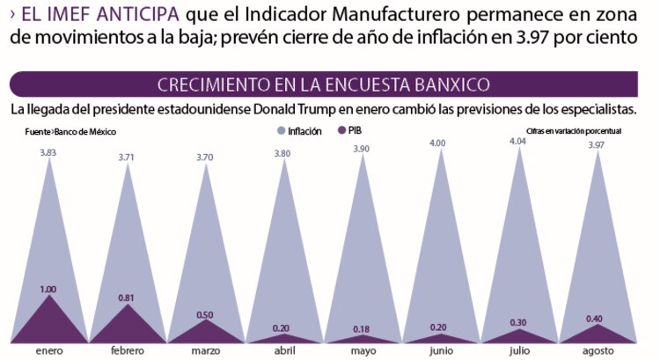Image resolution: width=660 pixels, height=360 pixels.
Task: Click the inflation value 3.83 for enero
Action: (49, 152)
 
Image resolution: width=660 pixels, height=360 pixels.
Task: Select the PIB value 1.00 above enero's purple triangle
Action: (49, 289)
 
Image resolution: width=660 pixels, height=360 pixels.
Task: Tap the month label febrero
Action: (128, 351)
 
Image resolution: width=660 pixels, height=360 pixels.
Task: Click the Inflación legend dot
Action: (282, 130)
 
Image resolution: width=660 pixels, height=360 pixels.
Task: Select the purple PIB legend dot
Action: (340, 130)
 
